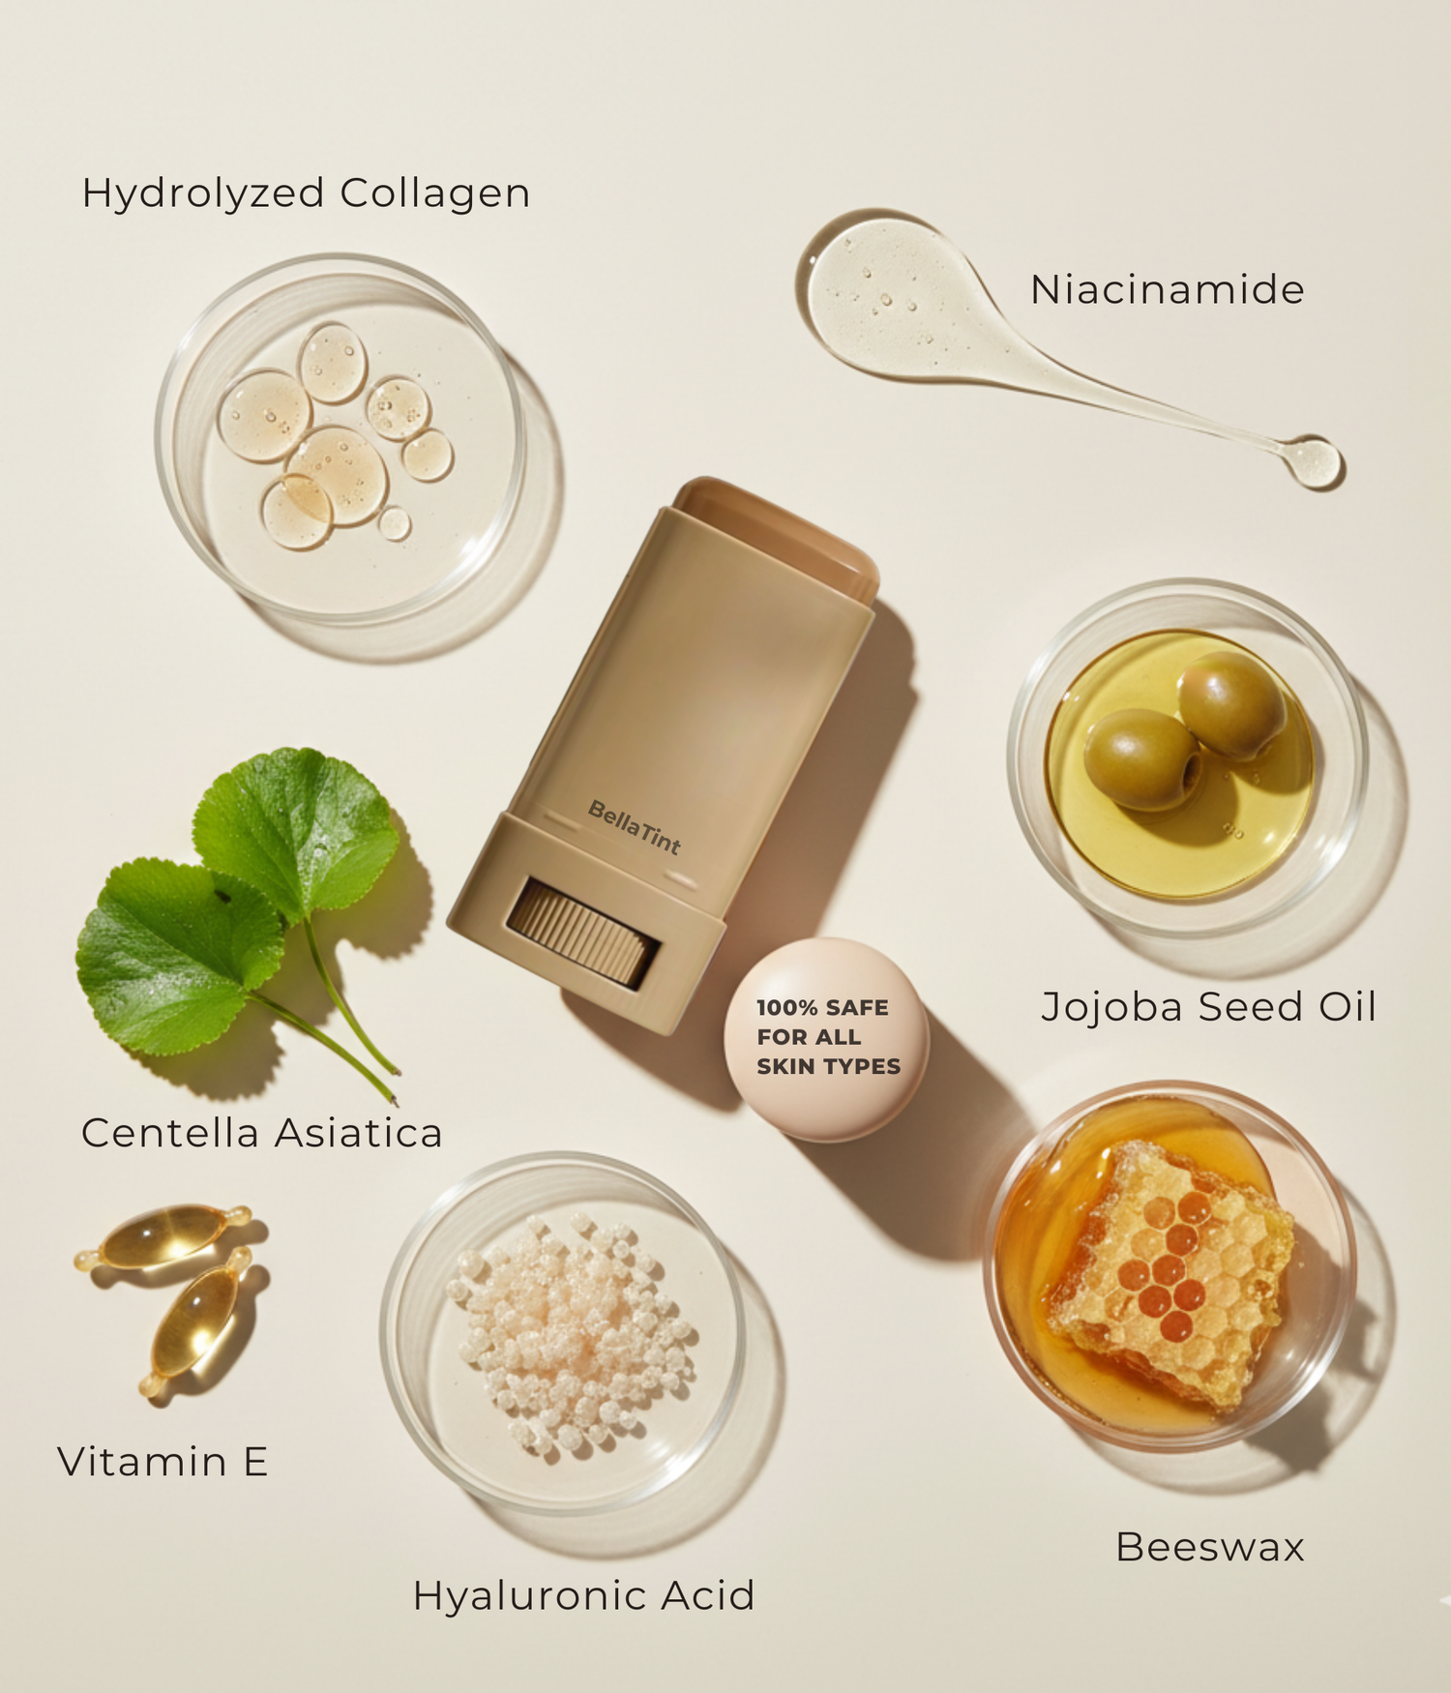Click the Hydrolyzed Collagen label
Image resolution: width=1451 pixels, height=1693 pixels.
pyautogui.click(x=306, y=193)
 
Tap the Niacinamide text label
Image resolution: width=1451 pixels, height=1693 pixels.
pyautogui.click(x=1168, y=289)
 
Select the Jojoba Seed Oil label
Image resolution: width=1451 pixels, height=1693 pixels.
pyautogui.click(x=1208, y=1006)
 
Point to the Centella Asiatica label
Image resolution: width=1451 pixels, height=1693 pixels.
pyautogui.click(x=261, y=1133)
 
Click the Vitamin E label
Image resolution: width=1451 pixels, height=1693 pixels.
pyautogui.click(x=163, y=1461)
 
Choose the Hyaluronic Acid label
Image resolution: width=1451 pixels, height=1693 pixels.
pyautogui.click(x=583, y=1596)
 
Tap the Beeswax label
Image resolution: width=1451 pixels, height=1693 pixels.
pyautogui.click(x=1209, y=1547)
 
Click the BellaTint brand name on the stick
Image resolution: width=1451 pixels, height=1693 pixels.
pyautogui.click(x=635, y=827)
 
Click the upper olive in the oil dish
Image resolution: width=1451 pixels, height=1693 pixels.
pyautogui.click(x=1231, y=704)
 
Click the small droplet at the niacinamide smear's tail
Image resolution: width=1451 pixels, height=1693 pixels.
pyautogui.click(x=1312, y=460)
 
